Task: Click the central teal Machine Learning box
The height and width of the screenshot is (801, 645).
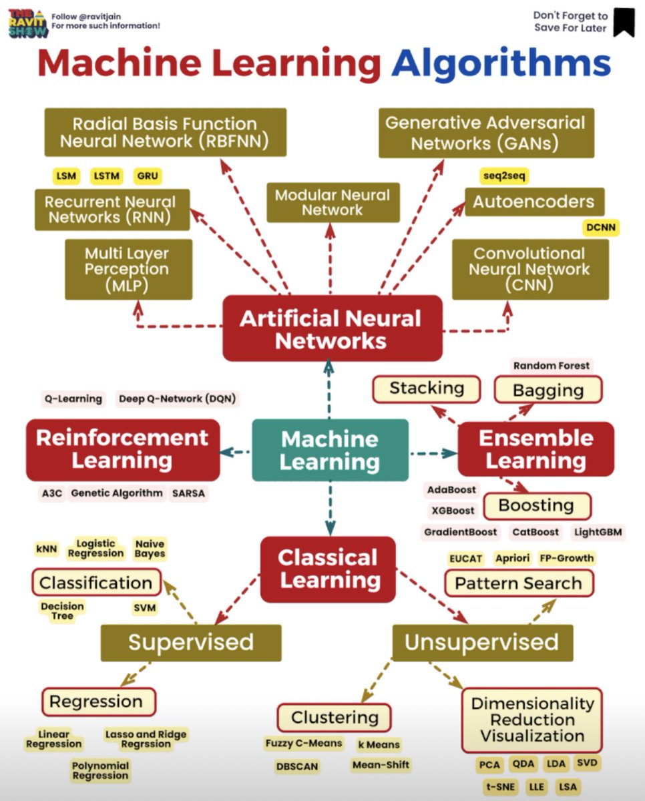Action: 330,450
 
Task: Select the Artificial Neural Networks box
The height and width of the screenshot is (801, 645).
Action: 332,329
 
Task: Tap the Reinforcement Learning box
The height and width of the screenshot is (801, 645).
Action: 122,449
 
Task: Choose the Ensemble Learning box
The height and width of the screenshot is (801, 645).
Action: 535,449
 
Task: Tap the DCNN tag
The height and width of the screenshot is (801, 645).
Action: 600,228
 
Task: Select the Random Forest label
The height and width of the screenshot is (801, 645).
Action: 552,365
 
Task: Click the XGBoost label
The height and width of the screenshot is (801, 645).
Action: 452,511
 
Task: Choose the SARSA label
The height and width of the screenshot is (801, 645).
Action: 189,493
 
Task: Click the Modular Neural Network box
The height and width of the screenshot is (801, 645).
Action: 332,202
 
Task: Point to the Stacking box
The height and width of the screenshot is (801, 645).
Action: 427,388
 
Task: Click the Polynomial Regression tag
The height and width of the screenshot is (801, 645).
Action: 101,771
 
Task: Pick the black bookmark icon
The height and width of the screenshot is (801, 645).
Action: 624,22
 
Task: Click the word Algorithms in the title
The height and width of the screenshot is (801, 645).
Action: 501,64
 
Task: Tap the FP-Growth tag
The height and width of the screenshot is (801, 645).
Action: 566,558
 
